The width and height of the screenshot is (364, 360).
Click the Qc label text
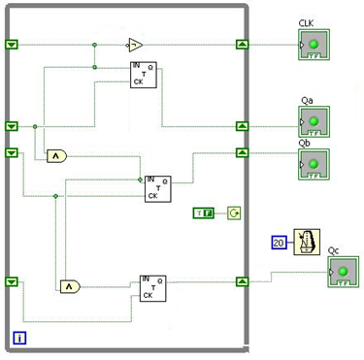pyautogui.click(x=334, y=249)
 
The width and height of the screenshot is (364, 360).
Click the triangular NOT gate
pyautogui.click(x=135, y=45)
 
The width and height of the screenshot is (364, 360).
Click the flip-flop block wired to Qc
pyautogui.click(x=153, y=287)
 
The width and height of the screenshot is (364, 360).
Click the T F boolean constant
pyautogui.click(x=205, y=212)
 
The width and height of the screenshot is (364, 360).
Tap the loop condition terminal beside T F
pyautogui.click(x=234, y=212)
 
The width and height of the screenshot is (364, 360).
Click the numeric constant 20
pyautogui.click(x=278, y=242)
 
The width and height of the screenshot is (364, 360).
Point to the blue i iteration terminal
pyautogui.click(x=19, y=338)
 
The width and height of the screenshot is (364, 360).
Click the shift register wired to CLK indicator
pyautogui.click(x=242, y=45)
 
